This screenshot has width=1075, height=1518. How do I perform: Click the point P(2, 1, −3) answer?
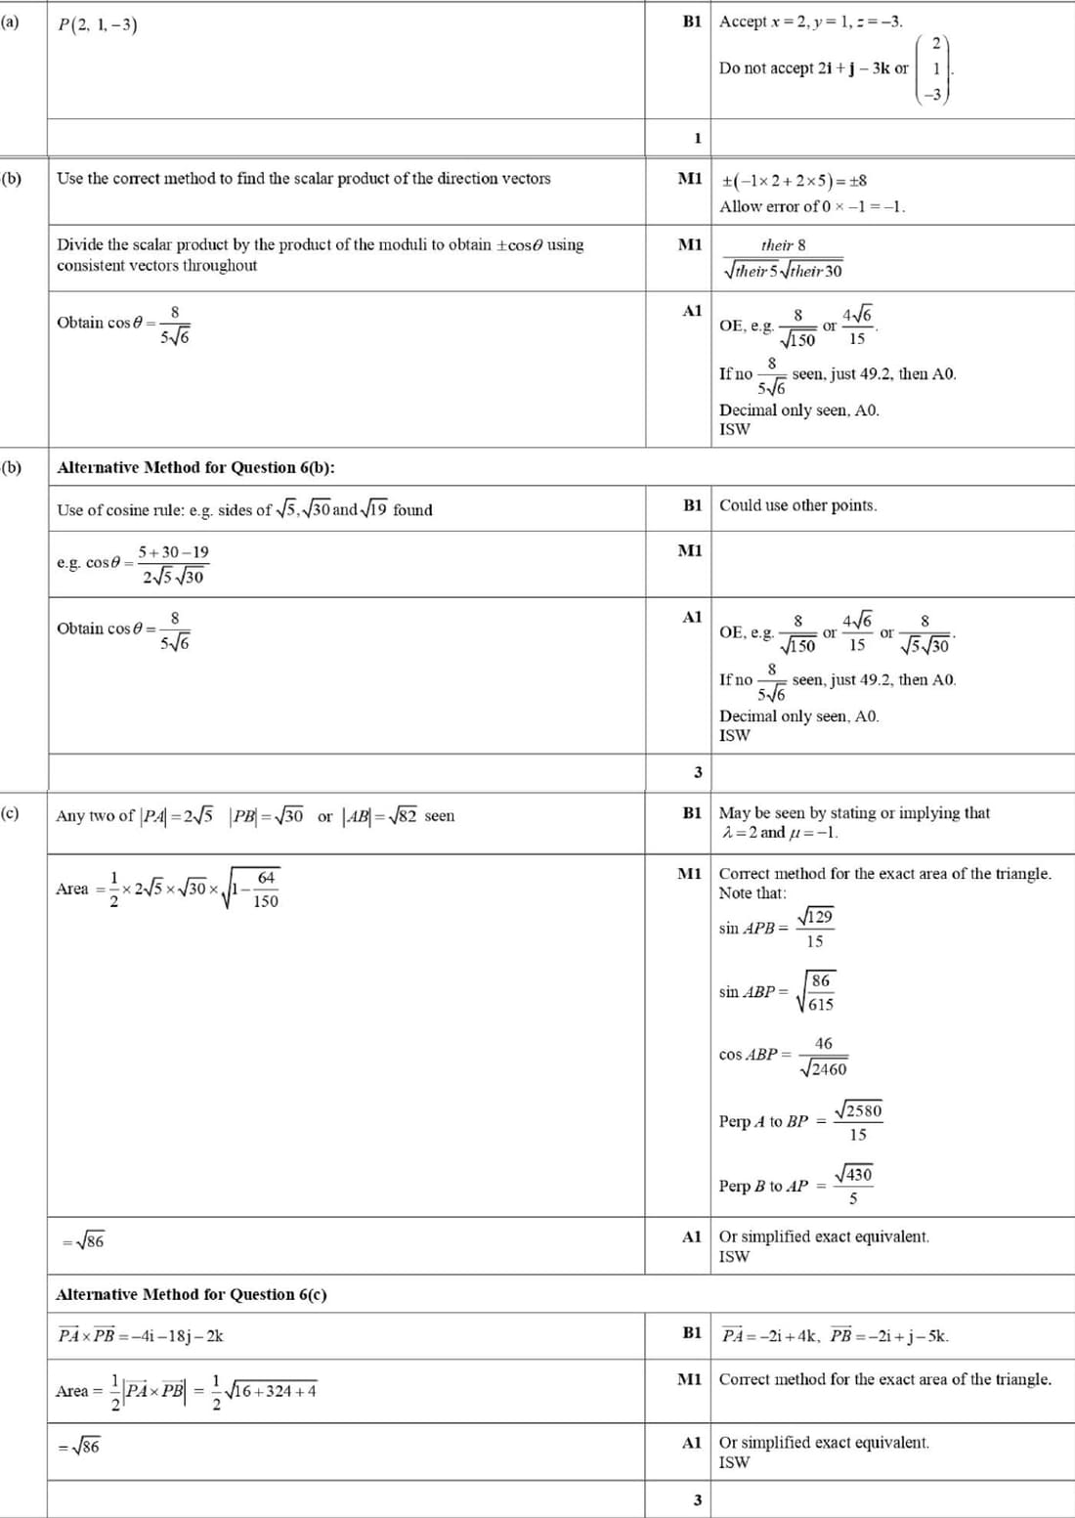click(97, 24)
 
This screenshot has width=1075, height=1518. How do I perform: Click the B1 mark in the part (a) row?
click(692, 22)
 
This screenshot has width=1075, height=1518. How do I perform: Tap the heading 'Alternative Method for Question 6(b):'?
click(195, 467)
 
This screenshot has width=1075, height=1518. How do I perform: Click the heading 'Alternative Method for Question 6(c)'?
click(192, 1294)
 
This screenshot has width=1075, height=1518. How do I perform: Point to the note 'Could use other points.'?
click(797, 505)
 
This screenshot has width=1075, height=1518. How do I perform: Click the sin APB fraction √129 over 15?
click(815, 929)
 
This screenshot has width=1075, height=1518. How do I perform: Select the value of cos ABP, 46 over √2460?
click(823, 1057)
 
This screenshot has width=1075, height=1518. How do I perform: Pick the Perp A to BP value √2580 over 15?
click(857, 1122)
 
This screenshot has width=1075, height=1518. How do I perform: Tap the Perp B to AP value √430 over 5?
click(853, 1186)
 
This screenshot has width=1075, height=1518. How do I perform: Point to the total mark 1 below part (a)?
click(697, 138)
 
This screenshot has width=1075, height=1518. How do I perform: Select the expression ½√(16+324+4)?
click(263, 1392)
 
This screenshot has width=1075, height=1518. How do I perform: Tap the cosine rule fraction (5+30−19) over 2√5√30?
click(173, 564)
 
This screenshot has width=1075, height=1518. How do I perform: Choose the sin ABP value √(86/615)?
click(817, 992)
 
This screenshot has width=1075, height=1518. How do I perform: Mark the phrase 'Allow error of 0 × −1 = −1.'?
click(812, 206)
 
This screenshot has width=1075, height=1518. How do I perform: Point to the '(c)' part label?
click(10, 813)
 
